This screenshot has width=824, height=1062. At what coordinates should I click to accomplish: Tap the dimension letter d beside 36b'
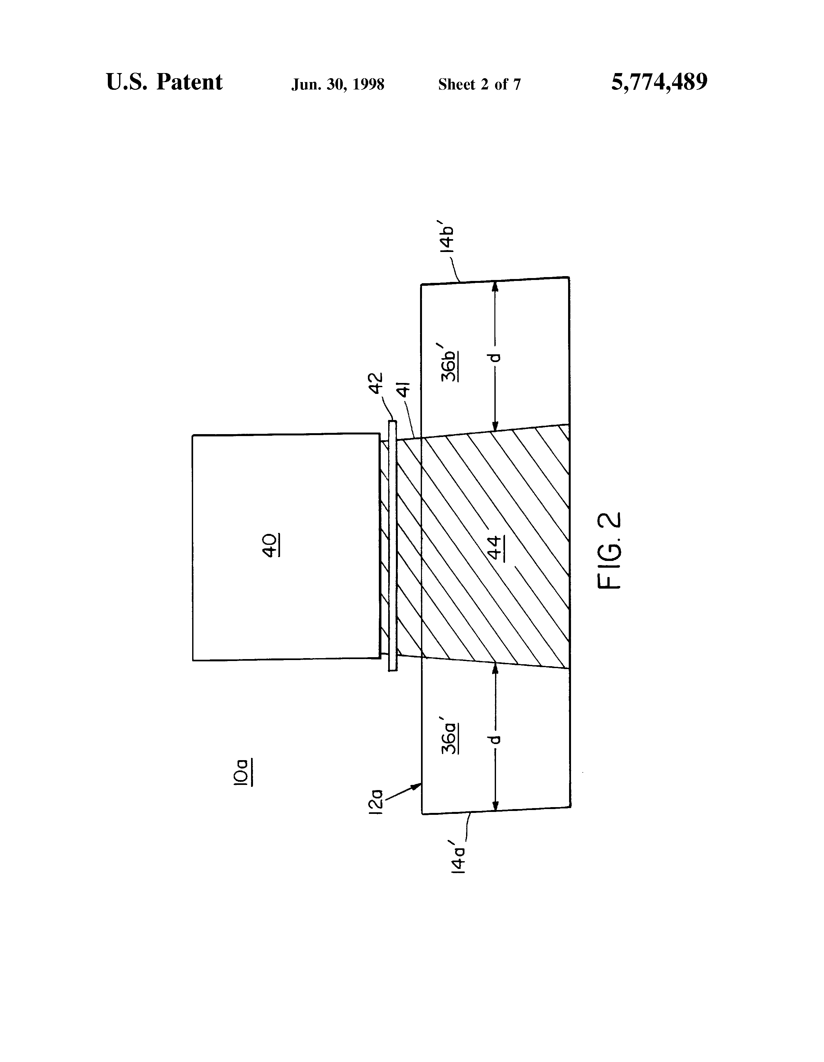coord(495,358)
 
